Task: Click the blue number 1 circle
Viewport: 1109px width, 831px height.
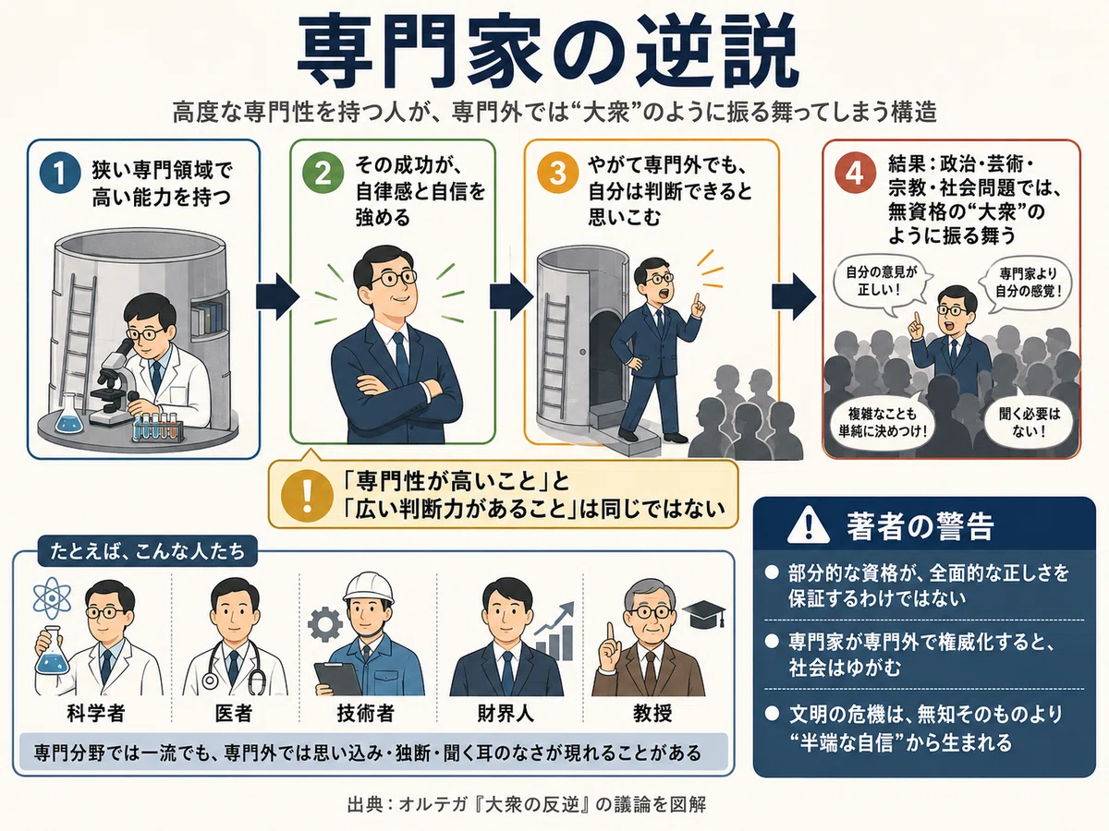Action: tap(61, 173)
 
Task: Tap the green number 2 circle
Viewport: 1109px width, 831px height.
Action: tap(323, 173)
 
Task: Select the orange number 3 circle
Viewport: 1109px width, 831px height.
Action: tap(558, 173)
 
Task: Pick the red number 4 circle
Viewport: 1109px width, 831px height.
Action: tap(855, 174)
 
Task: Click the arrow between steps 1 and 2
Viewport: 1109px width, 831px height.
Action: tap(277, 296)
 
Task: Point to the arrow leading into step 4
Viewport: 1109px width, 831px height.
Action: tap(794, 296)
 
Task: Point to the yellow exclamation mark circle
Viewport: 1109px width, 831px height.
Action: tap(307, 496)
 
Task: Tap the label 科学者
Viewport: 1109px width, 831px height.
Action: tap(95, 713)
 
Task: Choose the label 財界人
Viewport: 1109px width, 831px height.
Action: tap(506, 713)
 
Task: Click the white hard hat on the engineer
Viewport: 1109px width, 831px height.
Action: tap(369, 587)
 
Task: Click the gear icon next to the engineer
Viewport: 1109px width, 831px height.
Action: tap(324, 625)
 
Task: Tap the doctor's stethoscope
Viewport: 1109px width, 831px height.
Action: tap(234, 666)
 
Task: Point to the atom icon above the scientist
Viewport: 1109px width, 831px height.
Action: tap(52, 598)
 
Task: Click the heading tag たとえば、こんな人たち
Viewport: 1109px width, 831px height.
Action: tap(148, 551)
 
